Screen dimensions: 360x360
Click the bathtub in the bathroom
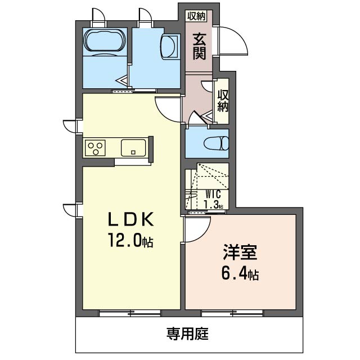pyautogui.click(x=105, y=41)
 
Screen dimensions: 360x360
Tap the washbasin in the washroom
pyautogui.click(x=169, y=47)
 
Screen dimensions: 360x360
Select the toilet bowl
pyautogui.click(x=216, y=143)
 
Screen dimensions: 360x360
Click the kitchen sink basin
pyautogui.click(x=133, y=148)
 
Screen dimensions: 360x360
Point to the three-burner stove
pyautogui.click(x=95, y=148)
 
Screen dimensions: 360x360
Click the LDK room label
pyautogui.click(x=130, y=220)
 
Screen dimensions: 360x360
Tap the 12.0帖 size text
pyautogui.click(x=130, y=240)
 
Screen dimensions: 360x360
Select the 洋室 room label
pyautogui.click(x=240, y=252)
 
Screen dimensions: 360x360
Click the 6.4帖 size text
pyautogui.click(x=240, y=273)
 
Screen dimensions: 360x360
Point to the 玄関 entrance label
pyautogui.click(x=199, y=47)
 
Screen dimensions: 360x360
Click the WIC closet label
pyautogui.click(x=213, y=195)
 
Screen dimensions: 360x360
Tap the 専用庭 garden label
pyautogui.click(x=187, y=334)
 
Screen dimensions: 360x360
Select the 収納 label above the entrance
pyautogui.click(x=196, y=16)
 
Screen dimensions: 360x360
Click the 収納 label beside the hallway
pyautogui.click(x=223, y=101)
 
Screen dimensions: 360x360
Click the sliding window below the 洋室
pyautogui.click(x=232, y=313)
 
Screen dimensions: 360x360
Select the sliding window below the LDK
pyautogui.click(x=130, y=313)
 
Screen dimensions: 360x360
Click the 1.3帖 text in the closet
pyautogui.click(x=214, y=204)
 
